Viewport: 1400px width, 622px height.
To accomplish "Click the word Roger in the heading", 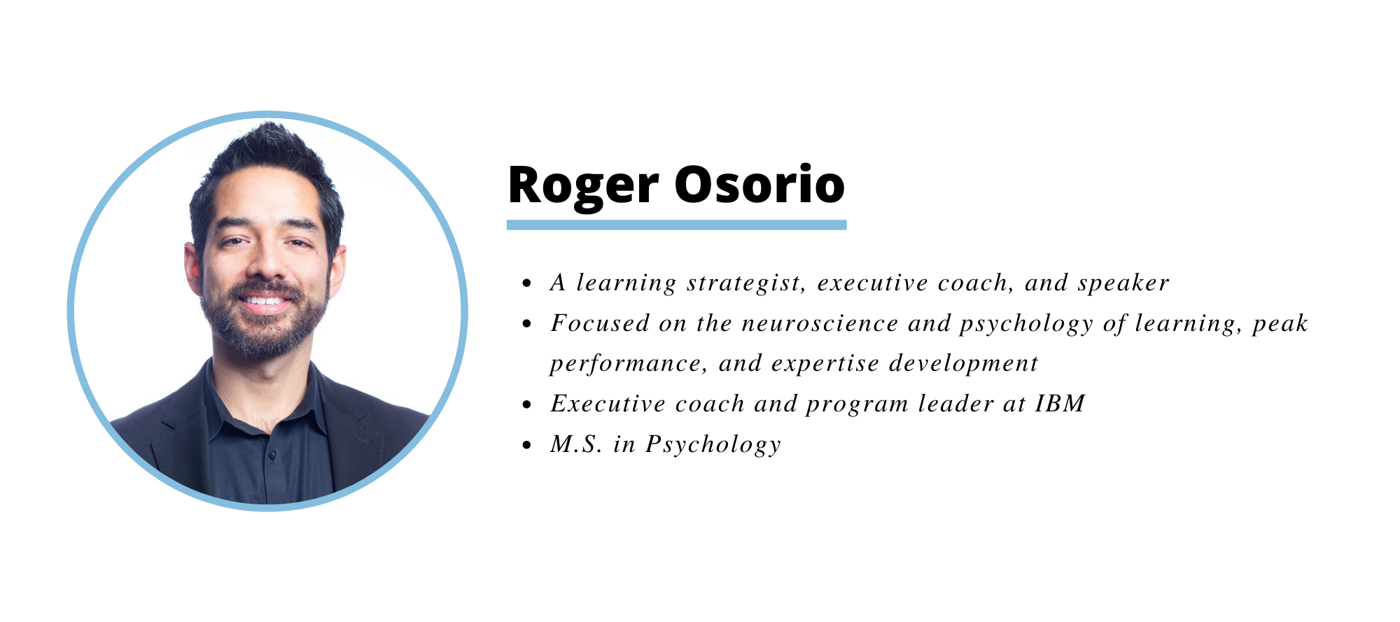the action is coord(583,186).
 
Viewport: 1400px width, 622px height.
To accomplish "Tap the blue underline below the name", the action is coord(676,225).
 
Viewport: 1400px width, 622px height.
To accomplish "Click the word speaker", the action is coord(1123,283).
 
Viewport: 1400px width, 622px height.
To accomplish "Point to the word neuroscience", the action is coord(820,323).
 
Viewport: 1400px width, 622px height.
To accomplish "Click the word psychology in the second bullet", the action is coord(1026,324).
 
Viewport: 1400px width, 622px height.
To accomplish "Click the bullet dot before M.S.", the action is coord(528,446).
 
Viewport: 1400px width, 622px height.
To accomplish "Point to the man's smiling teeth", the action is coord(265,302).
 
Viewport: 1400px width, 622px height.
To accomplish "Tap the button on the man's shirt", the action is coord(272,455).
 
